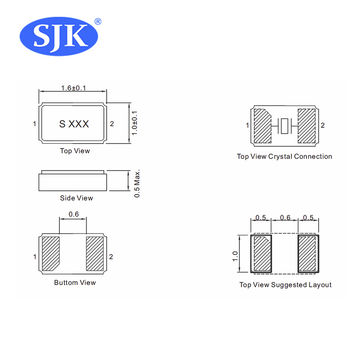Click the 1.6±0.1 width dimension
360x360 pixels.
click(74, 90)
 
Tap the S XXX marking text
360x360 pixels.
click(73, 123)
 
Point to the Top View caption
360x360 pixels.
click(76, 153)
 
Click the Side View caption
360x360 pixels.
click(76, 200)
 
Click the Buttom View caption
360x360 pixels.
click(76, 283)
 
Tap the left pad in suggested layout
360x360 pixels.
click(261, 253)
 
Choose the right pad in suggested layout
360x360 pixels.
click(310, 253)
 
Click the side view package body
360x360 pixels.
click(75, 181)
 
